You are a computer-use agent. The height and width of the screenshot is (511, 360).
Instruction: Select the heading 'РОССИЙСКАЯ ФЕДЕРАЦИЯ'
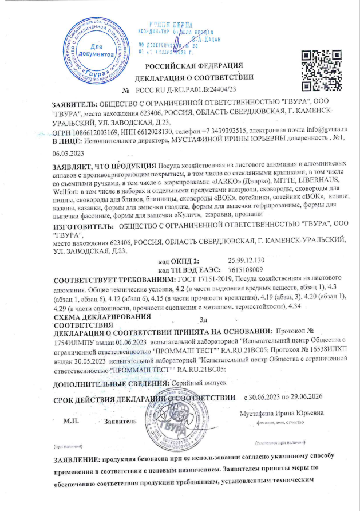pyautogui.click(x=193, y=66)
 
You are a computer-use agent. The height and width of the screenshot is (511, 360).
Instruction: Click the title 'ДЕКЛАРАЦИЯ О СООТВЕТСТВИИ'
pyautogui.click(x=193, y=78)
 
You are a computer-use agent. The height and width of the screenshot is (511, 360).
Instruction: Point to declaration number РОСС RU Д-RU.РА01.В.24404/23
pyautogui.click(x=187, y=90)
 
